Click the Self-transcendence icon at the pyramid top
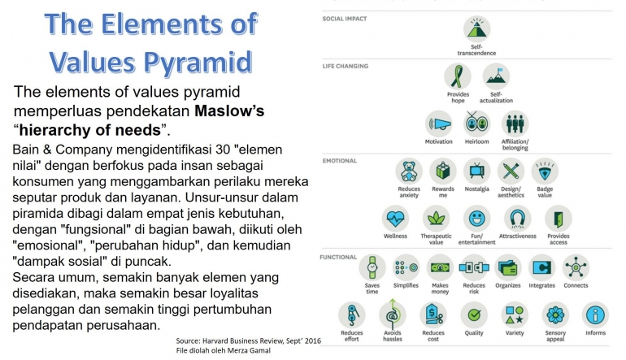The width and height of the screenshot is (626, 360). [x=476, y=28]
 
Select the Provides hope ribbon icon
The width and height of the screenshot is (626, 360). [x=458, y=77]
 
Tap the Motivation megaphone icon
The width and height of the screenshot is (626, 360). [x=439, y=124]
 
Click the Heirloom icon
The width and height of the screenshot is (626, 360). [x=476, y=124]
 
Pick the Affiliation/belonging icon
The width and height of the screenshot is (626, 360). [x=515, y=124]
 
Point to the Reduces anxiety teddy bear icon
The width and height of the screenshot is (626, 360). [x=409, y=171]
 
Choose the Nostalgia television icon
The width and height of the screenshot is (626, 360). [x=476, y=171]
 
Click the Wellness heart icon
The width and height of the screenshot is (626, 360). [x=395, y=219]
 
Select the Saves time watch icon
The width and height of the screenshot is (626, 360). [x=372, y=267]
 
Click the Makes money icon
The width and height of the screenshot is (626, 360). [x=440, y=267]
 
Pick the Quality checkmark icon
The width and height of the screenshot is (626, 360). [x=474, y=314]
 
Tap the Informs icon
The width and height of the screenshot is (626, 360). [x=596, y=314]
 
